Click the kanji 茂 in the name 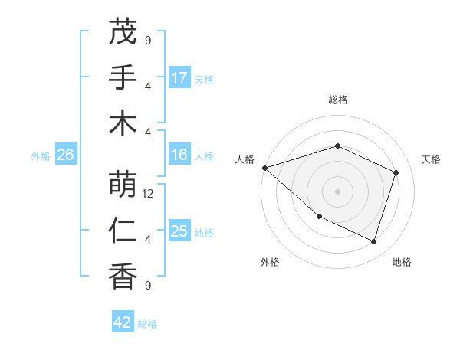[123, 32]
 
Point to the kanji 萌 [123, 185]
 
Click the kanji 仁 [123, 230]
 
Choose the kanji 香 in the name [123, 275]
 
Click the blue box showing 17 [179, 78]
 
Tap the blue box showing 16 [179, 155]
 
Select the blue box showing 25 [179, 232]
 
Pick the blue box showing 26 [66, 155]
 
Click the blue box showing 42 [123, 322]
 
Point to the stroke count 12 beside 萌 [149, 194]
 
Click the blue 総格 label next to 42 [147, 324]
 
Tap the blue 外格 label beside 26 [41, 156]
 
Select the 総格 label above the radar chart [337, 100]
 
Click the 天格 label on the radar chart [431, 159]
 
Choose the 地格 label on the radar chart [402, 262]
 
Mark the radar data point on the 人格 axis [264, 168]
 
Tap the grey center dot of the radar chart [337, 191]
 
